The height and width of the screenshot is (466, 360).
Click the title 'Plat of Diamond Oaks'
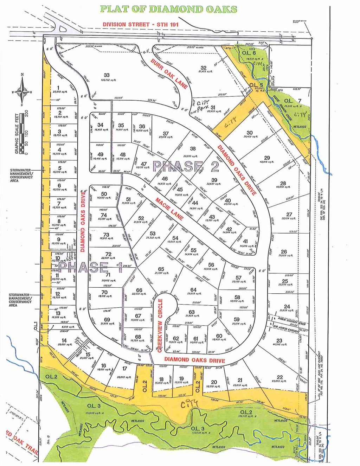(x=168, y=9)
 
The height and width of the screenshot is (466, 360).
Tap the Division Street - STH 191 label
(x=141, y=24)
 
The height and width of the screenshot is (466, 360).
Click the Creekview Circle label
(x=160, y=325)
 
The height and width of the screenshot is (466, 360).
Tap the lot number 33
(x=107, y=75)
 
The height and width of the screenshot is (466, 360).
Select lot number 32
(x=204, y=68)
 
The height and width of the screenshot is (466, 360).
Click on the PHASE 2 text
(x=186, y=166)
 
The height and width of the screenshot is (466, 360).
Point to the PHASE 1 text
(x=90, y=267)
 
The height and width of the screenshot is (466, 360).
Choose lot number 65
(x=161, y=269)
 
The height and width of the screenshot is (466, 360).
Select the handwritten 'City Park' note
(x=204, y=104)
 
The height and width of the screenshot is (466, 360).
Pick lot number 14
(x=64, y=340)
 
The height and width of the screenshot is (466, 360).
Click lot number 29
(x=267, y=158)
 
